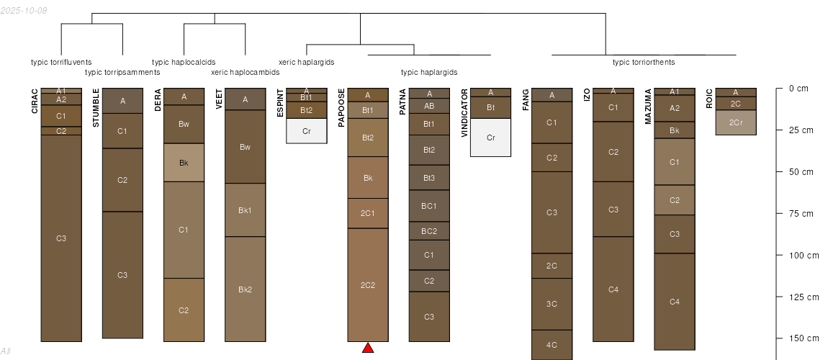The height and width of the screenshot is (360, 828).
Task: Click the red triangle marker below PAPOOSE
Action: point(368,348)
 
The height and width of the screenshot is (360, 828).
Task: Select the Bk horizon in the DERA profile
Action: point(184,163)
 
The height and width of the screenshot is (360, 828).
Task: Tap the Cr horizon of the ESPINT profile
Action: point(307,131)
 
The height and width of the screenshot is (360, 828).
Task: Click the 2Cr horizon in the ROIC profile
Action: point(736,122)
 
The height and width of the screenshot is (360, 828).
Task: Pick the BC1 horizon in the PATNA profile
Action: point(429,206)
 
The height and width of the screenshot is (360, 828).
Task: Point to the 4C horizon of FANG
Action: point(552,345)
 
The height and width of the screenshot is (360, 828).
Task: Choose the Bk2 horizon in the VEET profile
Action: point(245,289)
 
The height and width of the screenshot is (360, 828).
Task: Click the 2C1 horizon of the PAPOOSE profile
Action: point(368,213)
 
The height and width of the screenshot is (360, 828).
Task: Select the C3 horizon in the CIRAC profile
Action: point(61,238)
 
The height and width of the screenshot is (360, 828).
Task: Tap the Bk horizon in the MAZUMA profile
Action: point(675,130)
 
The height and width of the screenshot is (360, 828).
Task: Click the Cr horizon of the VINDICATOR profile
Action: point(490,138)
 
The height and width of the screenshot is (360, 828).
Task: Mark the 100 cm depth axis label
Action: point(804,256)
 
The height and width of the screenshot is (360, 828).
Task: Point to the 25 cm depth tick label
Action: point(801,130)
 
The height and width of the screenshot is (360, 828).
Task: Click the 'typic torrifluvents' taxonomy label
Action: point(61,63)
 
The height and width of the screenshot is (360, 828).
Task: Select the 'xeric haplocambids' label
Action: point(245,72)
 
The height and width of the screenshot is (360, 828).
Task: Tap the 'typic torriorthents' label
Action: point(644,63)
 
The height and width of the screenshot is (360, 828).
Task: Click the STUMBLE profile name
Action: point(96,108)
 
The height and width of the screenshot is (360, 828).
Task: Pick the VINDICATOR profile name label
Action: point(464,113)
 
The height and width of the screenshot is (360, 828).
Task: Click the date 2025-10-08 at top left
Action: point(24,10)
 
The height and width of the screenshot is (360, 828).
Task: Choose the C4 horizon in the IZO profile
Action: point(613,289)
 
